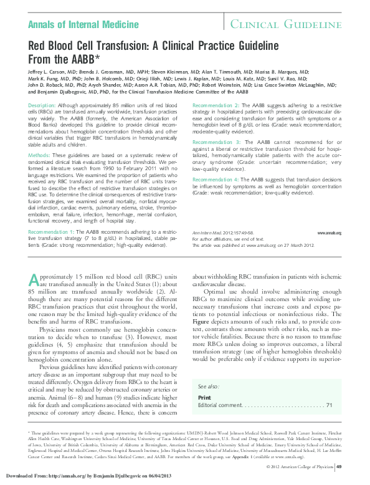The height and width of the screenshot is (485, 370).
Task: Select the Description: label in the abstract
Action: click(42, 107)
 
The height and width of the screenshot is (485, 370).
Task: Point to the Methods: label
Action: click(39, 153)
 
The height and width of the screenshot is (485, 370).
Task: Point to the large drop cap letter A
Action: click(37, 282)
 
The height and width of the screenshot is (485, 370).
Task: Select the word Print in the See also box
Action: click(204, 397)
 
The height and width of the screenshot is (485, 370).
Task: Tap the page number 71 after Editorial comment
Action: click(329, 405)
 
